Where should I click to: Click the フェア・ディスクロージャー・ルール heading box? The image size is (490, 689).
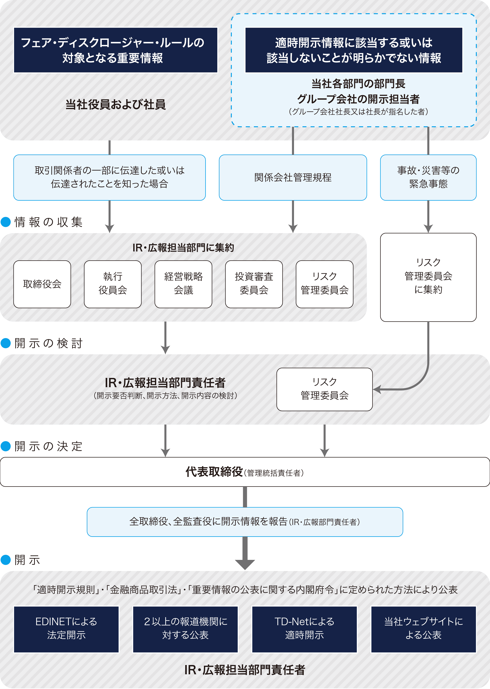[116, 50]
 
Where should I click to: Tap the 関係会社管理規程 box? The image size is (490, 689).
[293, 177]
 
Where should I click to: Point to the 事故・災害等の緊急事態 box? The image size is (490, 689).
[428, 177]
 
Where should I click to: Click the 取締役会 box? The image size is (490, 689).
[42, 284]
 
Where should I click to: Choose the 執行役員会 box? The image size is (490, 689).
[113, 284]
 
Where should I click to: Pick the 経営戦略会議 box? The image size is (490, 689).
[183, 284]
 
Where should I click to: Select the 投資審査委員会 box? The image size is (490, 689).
[254, 284]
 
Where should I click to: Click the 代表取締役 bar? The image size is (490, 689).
[245, 472]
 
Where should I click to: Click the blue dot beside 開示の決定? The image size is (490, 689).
[6, 446]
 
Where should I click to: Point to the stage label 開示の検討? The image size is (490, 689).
[48, 343]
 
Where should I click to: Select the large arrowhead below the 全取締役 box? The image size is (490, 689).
[245, 564]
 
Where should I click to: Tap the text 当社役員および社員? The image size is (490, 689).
[116, 105]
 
